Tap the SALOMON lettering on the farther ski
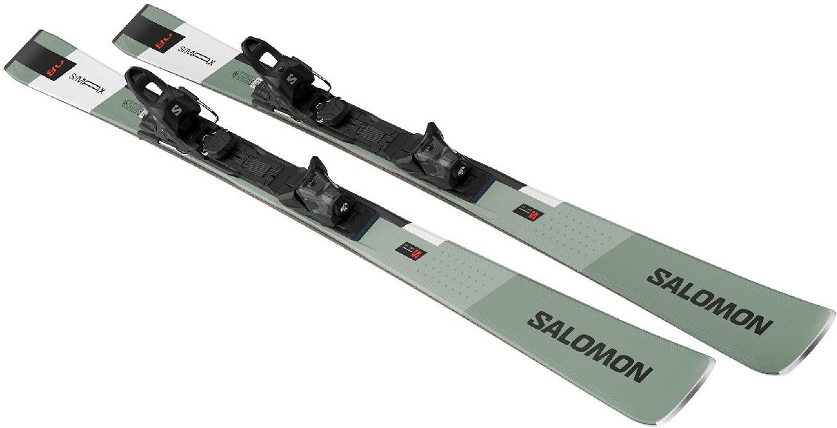click(x=709, y=300)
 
